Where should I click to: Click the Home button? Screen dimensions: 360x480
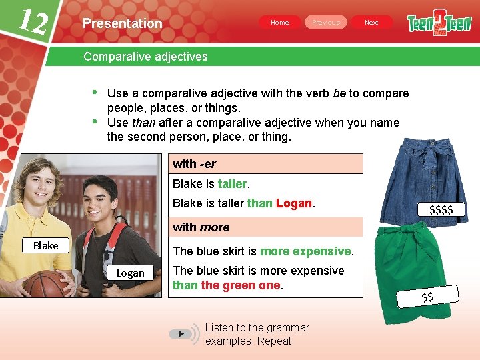pos(280,23)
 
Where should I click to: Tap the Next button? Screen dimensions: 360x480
pos(371,23)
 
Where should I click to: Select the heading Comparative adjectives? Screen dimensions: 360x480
pos(145,57)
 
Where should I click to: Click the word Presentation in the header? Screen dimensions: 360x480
pos(123,23)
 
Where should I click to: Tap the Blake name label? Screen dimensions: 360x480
pos(46,245)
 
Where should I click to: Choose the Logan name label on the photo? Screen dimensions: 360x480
pos(130,273)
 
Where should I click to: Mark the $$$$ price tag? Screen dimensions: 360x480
pos(441,210)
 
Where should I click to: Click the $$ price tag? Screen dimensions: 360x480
pos(427,296)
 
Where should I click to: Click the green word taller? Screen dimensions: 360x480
pos(232,184)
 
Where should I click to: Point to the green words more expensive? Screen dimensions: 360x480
pos(305,251)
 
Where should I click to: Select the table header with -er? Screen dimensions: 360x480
pos(195,164)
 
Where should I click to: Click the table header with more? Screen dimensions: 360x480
pos(201,227)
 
